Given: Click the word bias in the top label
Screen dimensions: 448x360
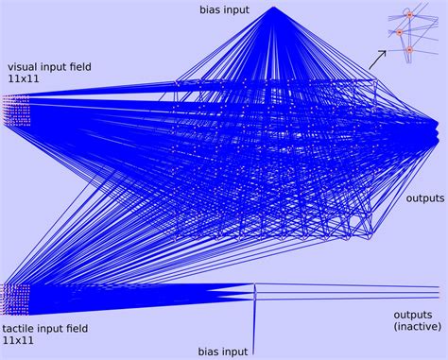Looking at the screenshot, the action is coord(211,9).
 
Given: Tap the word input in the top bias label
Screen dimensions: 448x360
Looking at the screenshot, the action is coord(239,9).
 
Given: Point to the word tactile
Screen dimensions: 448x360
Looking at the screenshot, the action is coord(23,328).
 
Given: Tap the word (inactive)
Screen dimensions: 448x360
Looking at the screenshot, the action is coord(417,326).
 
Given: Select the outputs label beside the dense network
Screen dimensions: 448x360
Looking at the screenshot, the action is coord(424,199).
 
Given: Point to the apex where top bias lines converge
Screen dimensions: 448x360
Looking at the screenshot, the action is coord(273,8).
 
